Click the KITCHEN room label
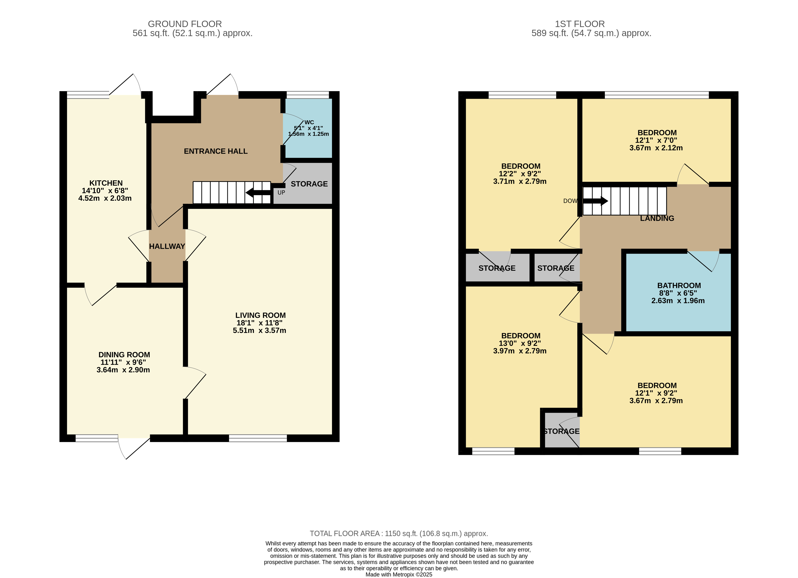(106, 183)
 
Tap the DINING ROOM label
(124, 355)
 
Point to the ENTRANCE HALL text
(216, 151)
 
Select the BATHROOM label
(679, 286)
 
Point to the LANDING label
(657, 218)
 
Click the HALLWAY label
(167, 246)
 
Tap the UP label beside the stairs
(281, 192)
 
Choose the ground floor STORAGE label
(309, 184)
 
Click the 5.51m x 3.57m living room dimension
(259, 331)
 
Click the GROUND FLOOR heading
(185, 24)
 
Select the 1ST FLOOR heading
(580, 24)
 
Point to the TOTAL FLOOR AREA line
(399, 533)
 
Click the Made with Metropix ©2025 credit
(399, 575)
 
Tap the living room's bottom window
(258, 438)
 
